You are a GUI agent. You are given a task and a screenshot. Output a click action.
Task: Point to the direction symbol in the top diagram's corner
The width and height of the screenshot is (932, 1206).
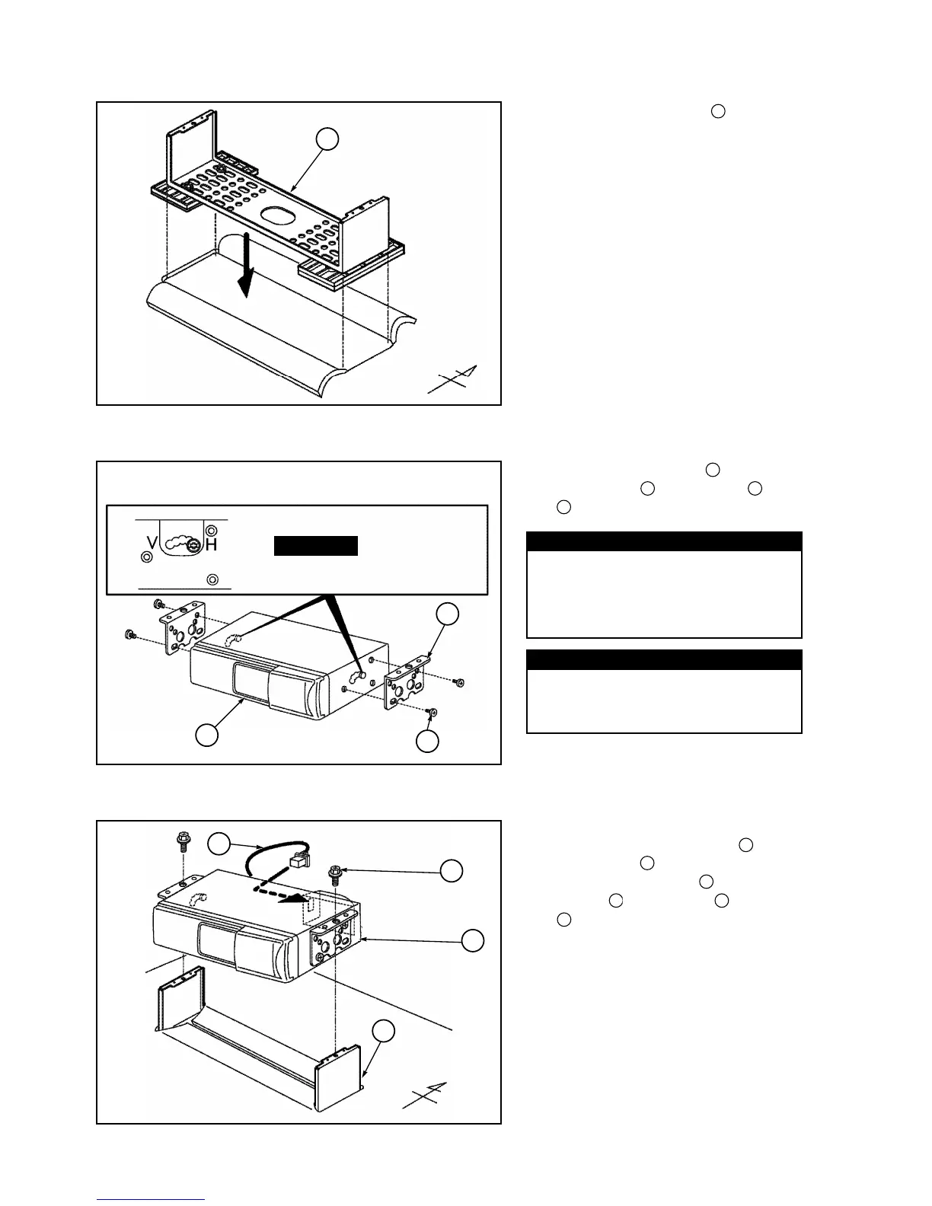[x=454, y=378]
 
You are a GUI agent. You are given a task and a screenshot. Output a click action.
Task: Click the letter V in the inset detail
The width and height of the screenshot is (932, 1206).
[x=152, y=544]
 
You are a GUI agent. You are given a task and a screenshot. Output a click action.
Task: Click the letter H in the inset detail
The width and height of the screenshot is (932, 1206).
[x=212, y=545]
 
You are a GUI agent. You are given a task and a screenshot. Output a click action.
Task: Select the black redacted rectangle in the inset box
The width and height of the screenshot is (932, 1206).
[x=316, y=546]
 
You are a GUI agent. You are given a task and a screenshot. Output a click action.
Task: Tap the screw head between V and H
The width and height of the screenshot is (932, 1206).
[x=194, y=545]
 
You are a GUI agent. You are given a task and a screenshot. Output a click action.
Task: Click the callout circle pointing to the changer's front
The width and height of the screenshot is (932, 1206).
[x=207, y=735]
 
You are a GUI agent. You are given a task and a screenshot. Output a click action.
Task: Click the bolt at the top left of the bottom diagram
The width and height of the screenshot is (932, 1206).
[x=183, y=840]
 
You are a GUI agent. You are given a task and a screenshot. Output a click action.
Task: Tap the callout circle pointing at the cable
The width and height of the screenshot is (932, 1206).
[x=219, y=843]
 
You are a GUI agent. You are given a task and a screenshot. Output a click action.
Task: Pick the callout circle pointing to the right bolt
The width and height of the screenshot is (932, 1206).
[x=452, y=871]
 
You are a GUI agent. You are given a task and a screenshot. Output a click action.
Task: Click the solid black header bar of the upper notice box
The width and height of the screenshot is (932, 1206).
[x=664, y=541]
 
